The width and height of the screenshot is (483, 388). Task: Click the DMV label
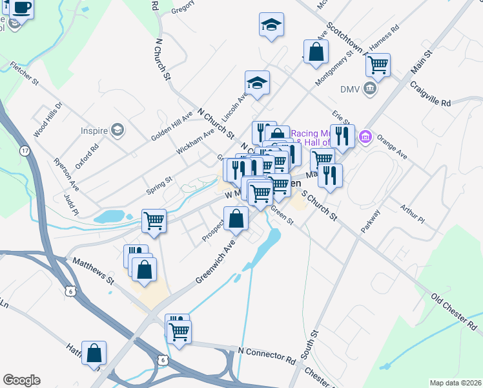(349, 89)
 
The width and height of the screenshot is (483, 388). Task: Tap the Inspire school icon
(117, 131)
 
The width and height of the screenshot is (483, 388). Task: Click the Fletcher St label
(25, 74)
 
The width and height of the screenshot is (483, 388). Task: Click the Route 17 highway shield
(25, 151)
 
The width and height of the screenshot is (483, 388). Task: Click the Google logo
(21, 380)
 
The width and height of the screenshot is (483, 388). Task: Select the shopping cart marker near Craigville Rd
(378, 64)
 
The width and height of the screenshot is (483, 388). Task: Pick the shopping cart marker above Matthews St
(154, 221)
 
